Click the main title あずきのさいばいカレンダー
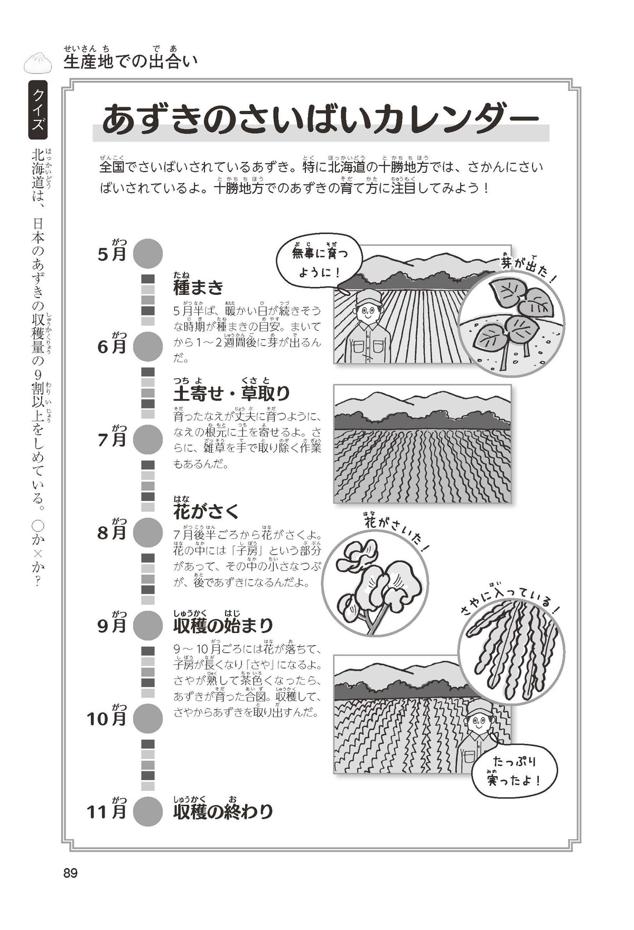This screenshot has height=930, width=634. click(x=320, y=120)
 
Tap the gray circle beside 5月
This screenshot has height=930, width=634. click(x=147, y=254)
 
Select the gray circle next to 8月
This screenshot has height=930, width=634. click(x=147, y=533)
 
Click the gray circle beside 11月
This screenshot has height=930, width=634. click(x=147, y=811)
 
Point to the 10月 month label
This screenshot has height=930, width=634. click(x=107, y=717)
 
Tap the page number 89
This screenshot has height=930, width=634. click(x=71, y=873)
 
